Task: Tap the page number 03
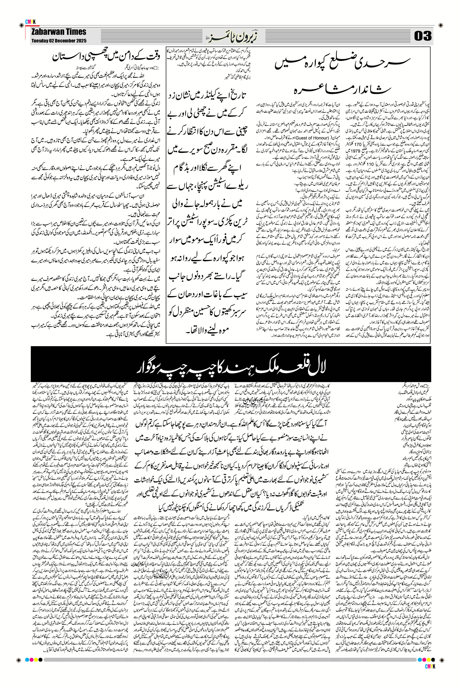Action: tap(423, 36)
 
